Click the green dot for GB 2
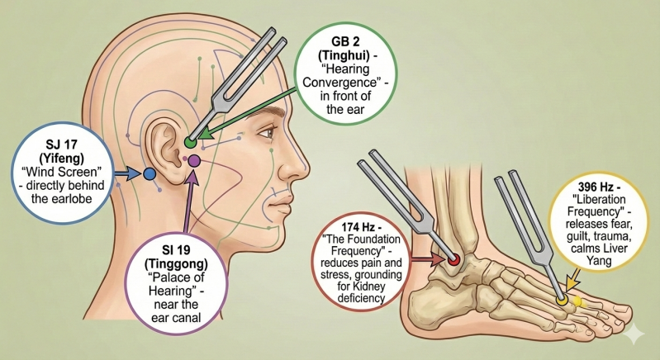191,143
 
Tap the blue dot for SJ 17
150,174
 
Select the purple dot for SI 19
194,160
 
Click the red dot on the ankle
454,261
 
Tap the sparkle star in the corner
634,334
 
